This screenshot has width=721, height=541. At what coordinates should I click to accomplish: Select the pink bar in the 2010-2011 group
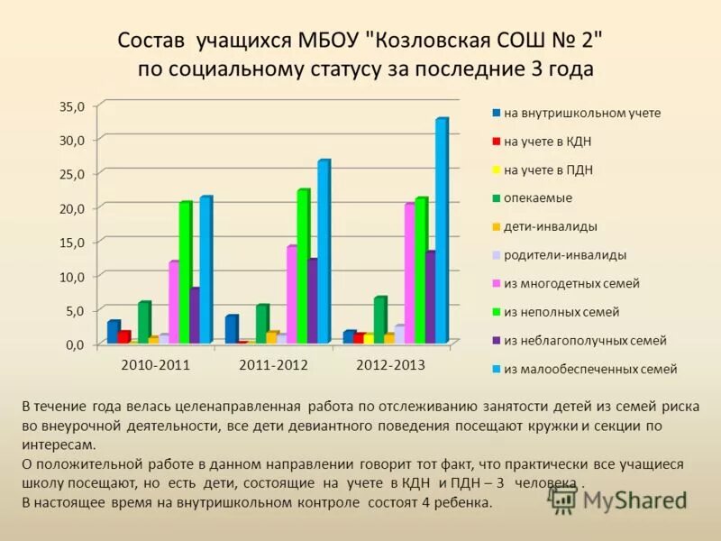pos(173,302)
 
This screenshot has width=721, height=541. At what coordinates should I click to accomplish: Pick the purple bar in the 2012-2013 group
pos(430,298)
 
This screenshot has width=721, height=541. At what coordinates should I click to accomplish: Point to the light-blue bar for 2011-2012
pos(323,252)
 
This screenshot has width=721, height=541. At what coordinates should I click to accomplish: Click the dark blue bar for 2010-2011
pos(112,332)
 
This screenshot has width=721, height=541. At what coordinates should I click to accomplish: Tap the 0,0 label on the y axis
pos(74,344)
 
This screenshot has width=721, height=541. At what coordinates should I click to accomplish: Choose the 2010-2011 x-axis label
pos(155,365)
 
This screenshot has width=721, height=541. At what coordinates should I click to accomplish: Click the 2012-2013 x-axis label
pos(390,365)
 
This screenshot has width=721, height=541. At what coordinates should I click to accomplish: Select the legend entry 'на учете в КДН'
pos(546,142)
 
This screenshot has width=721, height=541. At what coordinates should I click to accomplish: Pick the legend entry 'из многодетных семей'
pos(570,283)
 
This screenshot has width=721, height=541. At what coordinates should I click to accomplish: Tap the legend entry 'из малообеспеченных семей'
pos(589,369)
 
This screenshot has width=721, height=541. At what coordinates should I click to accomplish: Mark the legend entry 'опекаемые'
pos(537,197)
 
